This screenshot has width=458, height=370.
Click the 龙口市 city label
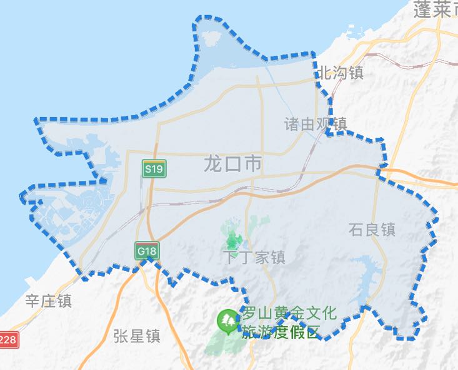[232, 165]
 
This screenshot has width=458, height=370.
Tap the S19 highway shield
[153, 168]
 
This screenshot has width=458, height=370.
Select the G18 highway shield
[146, 251]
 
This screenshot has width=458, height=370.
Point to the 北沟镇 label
[341, 73]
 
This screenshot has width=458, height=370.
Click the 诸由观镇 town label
[315, 124]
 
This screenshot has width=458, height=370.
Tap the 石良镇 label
[372, 230]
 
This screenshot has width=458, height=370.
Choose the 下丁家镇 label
[254, 257]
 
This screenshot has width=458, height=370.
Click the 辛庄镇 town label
[48, 301]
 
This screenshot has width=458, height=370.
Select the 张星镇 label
[137, 336]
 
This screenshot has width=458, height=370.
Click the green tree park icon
[226, 321]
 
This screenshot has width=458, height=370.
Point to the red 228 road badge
[8, 340]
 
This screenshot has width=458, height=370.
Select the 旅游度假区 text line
[281, 331]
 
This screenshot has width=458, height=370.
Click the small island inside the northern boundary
[211, 39]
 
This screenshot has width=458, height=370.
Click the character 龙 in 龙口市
[213, 165]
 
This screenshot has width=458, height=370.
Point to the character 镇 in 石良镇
[388, 230]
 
